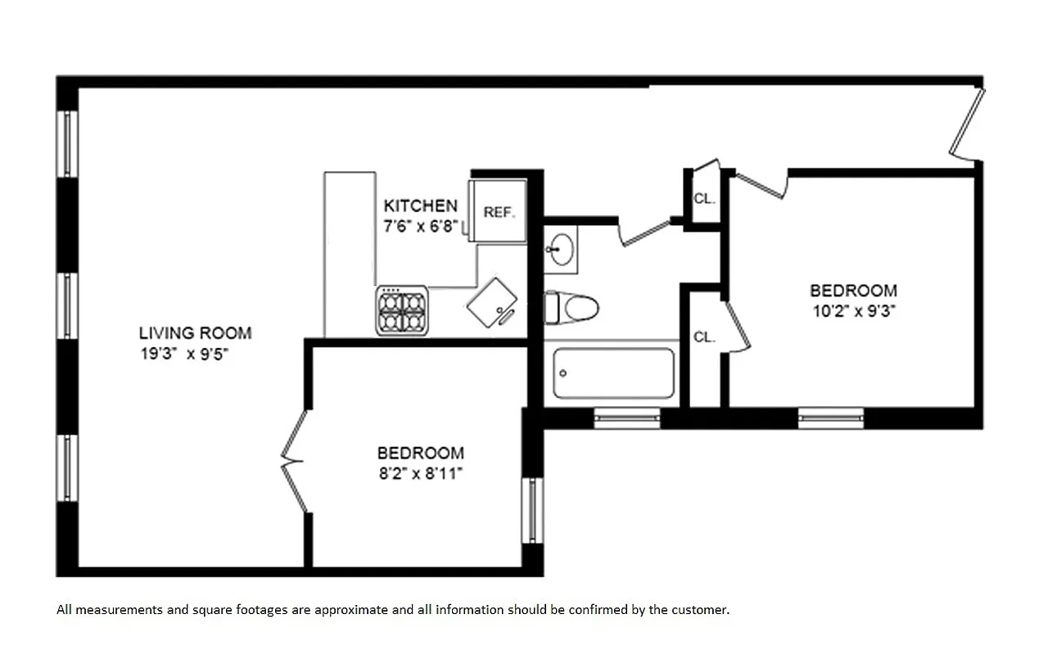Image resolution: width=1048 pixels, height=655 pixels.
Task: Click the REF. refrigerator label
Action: pos(499,212)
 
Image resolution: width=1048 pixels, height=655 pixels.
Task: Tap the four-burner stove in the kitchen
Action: pos(402,310)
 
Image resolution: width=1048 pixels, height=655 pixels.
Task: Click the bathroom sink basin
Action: pos(562,251)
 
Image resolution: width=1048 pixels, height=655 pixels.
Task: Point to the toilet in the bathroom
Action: pos(572,309)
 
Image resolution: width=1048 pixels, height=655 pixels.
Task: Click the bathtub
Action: pos(613,373)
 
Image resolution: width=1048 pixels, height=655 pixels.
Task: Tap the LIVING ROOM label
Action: pos(195,333)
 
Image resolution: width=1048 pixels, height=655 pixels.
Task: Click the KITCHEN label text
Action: pos(420,206)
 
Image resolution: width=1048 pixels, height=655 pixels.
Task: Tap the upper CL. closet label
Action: pos(703,198)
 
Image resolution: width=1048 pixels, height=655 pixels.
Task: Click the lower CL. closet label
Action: pos(704,337)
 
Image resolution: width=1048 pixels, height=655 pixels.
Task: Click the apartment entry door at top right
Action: pos(966,123)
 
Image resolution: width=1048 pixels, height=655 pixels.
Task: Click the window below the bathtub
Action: pos(626,418)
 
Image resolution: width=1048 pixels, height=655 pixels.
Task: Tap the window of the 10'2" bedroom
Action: pos(830,418)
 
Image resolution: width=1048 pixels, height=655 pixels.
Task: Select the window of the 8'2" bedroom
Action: pos(532,509)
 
